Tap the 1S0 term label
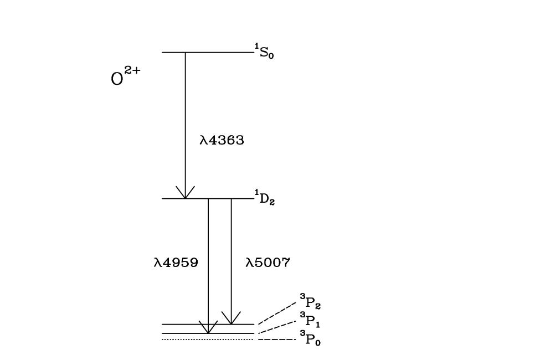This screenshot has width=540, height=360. pyautogui.click(x=265, y=53)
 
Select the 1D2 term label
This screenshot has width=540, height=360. pyautogui.click(x=265, y=198)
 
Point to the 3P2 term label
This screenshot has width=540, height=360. pyautogui.click(x=311, y=302)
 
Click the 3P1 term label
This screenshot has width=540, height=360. pyautogui.click(x=310, y=320)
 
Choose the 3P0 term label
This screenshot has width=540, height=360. pyautogui.click(x=310, y=337)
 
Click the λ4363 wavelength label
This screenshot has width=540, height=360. pyautogui.click(x=222, y=141)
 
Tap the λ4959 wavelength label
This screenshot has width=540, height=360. pyautogui.click(x=176, y=263)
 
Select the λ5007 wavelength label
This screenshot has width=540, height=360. pyautogui.click(x=268, y=263)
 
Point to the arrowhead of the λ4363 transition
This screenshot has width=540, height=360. pyautogui.click(x=185, y=193)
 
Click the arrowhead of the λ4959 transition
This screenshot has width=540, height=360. pyautogui.click(x=208, y=328)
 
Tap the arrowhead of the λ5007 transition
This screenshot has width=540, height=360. pyautogui.click(x=231, y=318)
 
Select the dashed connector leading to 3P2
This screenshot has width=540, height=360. pyautogui.click(x=277, y=313)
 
